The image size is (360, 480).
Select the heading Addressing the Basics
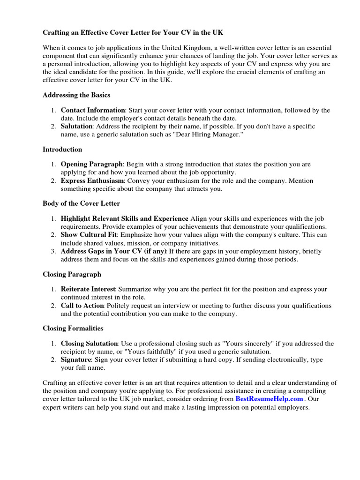[76, 95]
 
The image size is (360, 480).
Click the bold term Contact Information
[93, 110]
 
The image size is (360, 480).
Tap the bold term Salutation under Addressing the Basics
[77, 126]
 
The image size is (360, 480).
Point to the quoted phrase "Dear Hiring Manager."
[209, 134]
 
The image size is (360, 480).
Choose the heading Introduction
[62, 149]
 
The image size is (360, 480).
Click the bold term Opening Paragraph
[92, 165]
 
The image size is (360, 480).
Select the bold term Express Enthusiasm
[92, 180]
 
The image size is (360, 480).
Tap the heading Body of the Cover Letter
[81, 203]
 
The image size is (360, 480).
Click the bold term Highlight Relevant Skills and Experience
[124, 219]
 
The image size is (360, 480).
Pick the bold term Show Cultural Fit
[89, 234]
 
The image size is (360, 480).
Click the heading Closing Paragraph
[72, 274]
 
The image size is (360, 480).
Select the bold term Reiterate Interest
[89, 289]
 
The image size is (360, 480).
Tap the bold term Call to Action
[82, 306]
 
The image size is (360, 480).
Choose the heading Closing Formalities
[73, 328]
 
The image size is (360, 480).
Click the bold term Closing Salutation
[90, 344]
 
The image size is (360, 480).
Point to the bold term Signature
[76, 360]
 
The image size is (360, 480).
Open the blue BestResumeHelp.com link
[269, 399]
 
